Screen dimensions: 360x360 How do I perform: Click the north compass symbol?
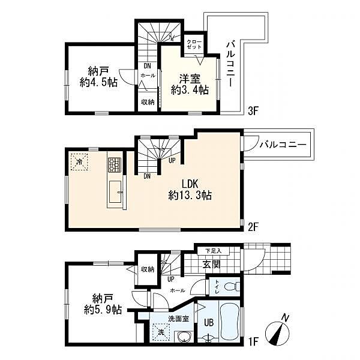pyautogui.click(x=277, y=332)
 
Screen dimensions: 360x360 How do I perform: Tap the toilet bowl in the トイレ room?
pyautogui.click(x=232, y=287)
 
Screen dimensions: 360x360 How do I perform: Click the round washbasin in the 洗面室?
pyautogui.click(x=184, y=337)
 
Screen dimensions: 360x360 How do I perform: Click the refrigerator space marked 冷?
pyautogui.click(x=79, y=161)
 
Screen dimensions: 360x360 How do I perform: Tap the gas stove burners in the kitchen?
pyautogui.click(x=115, y=164)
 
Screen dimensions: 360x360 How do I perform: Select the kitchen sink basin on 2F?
pyautogui.click(x=115, y=192)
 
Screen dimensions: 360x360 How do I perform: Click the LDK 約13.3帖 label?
pyautogui.click(x=190, y=190)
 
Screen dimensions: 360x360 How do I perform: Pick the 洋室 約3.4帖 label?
pyautogui.click(x=190, y=85)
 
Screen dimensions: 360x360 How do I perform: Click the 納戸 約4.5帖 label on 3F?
pyautogui.click(x=98, y=77)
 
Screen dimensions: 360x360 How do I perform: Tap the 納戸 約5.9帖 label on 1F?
pyautogui.click(x=103, y=304)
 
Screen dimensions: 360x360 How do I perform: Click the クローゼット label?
pyautogui.click(x=194, y=44)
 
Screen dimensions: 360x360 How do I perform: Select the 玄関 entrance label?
pyautogui.click(x=211, y=264)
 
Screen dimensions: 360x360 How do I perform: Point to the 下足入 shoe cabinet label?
pyautogui.click(x=214, y=251)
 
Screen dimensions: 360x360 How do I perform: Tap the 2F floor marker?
pyautogui.click(x=253, y=227)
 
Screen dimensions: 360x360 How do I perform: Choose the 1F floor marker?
pyautogui.click(x=254, y=341)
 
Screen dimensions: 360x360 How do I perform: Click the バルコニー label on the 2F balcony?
pyautogui.click(x=283, y=145)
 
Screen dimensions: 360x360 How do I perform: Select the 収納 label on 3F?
pyautogui.click(x=148, y=102)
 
